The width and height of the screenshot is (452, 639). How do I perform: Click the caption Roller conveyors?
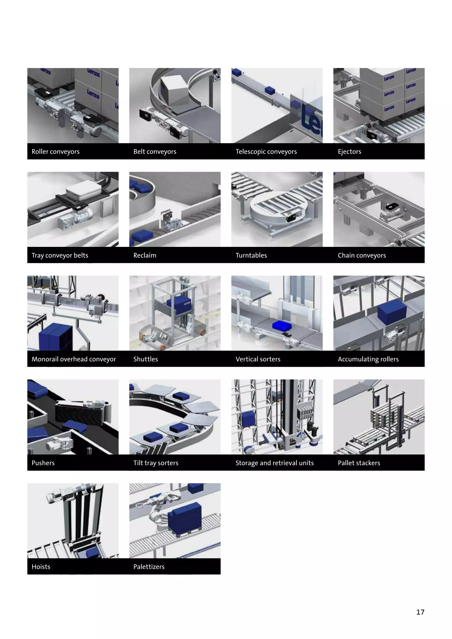click(x=55, y=152)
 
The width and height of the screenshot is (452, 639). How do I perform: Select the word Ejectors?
click(x=349, y=152)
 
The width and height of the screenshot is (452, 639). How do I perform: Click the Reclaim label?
click(x=145, y=256)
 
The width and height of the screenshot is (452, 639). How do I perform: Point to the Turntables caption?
click(x=251, y=256)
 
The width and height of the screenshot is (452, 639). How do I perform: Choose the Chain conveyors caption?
click(x=362, y=256)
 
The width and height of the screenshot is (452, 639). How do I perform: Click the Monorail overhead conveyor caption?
click(x=74, y=359)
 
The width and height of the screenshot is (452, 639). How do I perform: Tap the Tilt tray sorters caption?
click(x=156, y=463)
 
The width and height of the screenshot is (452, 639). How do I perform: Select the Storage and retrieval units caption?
click(x=274, y=463)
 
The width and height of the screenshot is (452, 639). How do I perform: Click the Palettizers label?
click(x=149, y=567)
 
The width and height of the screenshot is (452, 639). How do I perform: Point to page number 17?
click(x=420, y=612)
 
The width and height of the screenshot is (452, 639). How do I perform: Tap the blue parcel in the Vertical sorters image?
click(x=281, y=326)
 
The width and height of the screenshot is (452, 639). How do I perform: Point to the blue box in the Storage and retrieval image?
click(x=248, y=419)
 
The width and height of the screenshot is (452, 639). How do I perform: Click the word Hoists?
click(x=41, y=567)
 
